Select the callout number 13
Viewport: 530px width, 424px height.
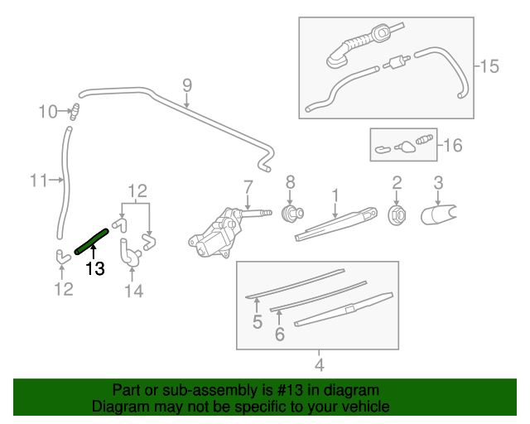pyautogui.click(x=95, y=268)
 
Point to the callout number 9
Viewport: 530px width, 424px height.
pyautogui.click(x=186, y=84)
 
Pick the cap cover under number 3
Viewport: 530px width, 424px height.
pyautogui.click(x=439, y=214)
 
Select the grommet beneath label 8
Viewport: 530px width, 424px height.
pyautogui.click(x=291, y=214)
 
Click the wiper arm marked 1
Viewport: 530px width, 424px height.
pyautogui.click(x=335, y=224)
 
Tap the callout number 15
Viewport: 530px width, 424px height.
pyautogui.click(x=489, y=65)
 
